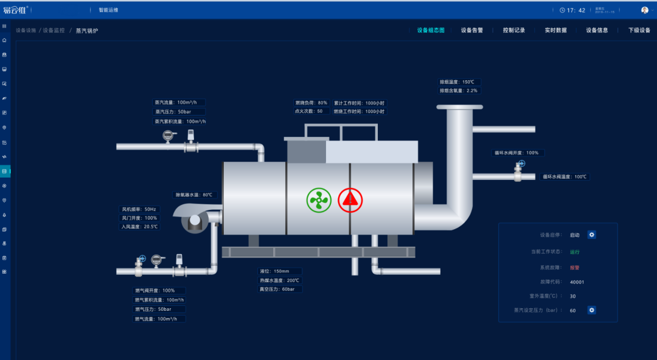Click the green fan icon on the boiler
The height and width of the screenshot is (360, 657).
tap(319, 200)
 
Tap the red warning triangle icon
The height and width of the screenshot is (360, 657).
tap(350, 199)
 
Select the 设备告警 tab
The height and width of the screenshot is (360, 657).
tap(471, 30)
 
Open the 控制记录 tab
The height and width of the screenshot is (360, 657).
tap(513, 30)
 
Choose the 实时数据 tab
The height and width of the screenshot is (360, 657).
tap(555, 30)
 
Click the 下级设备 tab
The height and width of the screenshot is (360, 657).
tap(639, 30)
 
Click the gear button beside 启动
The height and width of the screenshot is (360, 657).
tap(591, 235)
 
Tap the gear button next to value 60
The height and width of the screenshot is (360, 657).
tap(591, 310)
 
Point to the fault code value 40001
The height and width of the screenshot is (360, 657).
tap(577, 282)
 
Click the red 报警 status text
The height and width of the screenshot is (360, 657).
tap(574, 267)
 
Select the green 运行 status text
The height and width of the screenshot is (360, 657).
tap(574, 252)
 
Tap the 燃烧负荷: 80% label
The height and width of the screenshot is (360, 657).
tap(311, 103)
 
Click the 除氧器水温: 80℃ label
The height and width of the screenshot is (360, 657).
tap(194, 195)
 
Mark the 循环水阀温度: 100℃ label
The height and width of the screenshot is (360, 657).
tap(565, 177)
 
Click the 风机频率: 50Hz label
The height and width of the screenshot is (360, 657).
tap(139, 209)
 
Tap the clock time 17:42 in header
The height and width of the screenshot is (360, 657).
tap(575, 10)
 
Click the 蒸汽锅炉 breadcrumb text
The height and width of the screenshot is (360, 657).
tap(87, 30)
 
